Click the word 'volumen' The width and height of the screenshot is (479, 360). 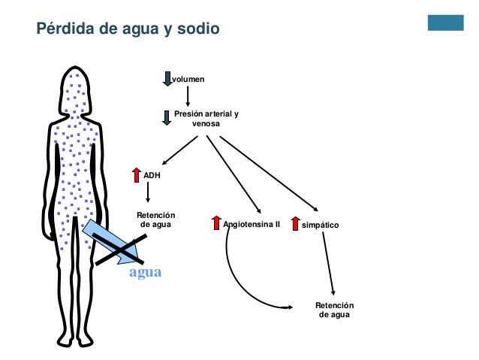[x=187, y=78]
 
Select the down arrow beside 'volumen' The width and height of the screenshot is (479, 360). [x=167, y=79]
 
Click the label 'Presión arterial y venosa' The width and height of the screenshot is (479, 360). [x=206, y=119]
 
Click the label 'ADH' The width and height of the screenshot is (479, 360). [x=152, y=175]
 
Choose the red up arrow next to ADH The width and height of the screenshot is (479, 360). [x=136, y=175]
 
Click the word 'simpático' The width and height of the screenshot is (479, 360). [x=321, y=225]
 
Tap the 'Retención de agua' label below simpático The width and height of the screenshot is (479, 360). [x=335, y=310]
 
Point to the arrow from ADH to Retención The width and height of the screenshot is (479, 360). [x=149, y=193]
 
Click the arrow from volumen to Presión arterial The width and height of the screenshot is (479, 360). [x=187, y=95]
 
